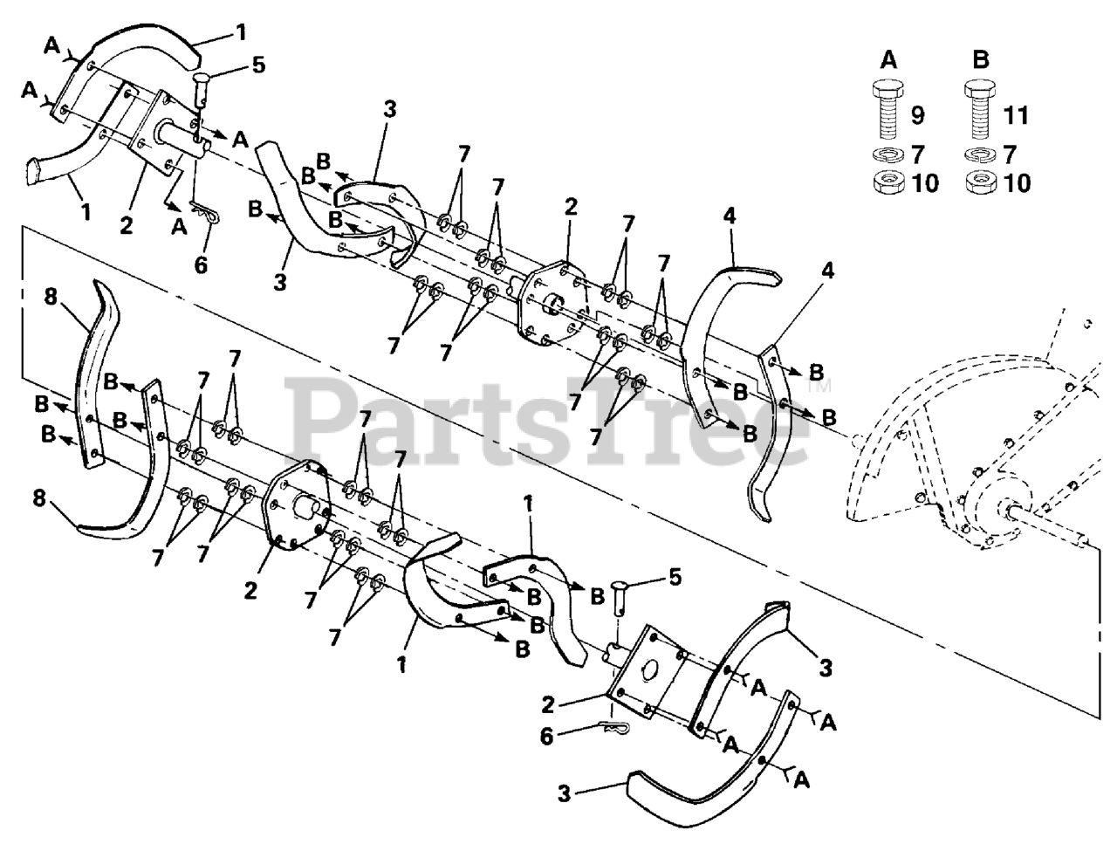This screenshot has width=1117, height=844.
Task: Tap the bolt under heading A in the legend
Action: point(887,111)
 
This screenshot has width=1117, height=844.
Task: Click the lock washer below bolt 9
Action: point(887,155)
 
